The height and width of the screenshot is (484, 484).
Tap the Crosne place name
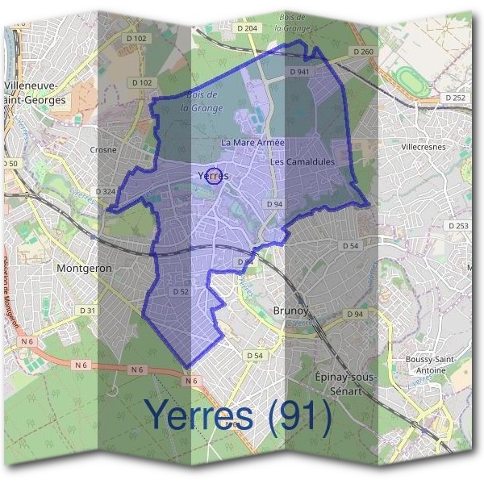click(103, 149)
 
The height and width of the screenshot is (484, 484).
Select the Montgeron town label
click(84, 267)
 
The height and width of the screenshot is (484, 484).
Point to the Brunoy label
click(291, 309)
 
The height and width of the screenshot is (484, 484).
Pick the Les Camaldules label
click(302, 162)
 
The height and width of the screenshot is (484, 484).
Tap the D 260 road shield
click(364, 52)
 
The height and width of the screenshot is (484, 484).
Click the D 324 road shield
click(106, 191)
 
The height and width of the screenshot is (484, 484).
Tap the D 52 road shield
click(181, 291)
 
